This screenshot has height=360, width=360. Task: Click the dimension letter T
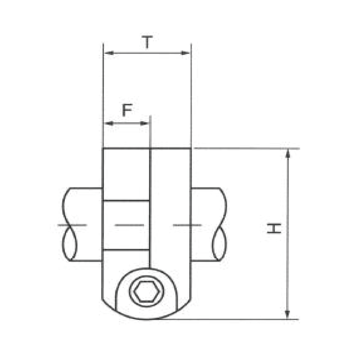pyautogui.click(x=147, y=42)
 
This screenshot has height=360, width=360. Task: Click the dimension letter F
pyautogui.click(x=127, y=110)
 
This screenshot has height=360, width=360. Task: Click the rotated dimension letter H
pyautogui.click(x=274, y=228)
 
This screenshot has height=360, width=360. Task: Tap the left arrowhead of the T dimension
pyautogui.click(x=109, y=53)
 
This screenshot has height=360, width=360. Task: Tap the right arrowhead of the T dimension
pyautogui.click(x=185, y=53)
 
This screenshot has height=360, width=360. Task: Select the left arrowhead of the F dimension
pyautogui.click(x=109, y=123)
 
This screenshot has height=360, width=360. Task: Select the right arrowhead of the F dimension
pyautogui.click(x=144, y=123)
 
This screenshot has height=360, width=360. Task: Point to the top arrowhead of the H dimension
pyautogui.click(x=288, y=153)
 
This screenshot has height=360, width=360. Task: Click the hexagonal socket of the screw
pyautogui.click(x=147, y=291)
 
